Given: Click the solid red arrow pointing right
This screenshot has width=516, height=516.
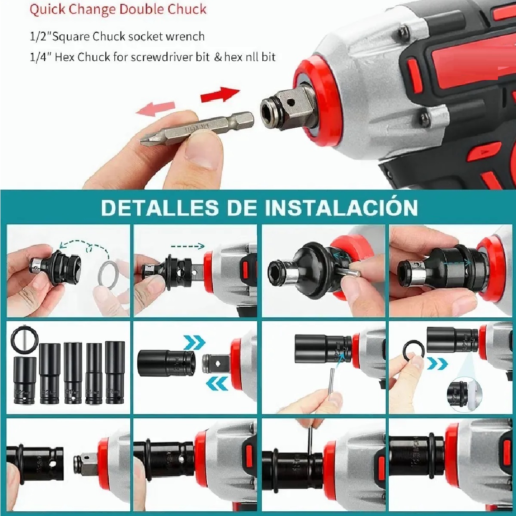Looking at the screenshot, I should coord(220,94).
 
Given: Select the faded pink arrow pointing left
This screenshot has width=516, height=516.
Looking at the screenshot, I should coord(155,108).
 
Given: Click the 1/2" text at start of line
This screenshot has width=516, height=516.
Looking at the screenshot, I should coord(40,37).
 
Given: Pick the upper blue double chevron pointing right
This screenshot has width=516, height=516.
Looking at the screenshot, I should coord(194,343).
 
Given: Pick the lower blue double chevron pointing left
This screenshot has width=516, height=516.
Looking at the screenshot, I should coord(218,381).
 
